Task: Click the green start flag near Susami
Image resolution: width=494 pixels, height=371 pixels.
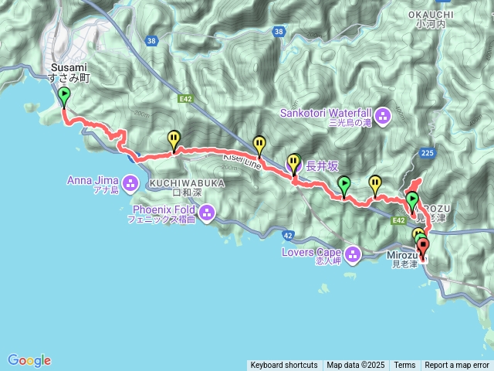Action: click(x=63, y=97)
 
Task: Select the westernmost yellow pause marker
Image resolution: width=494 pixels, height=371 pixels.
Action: click(x=174, y=138)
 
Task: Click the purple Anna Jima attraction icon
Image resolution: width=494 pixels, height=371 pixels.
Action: click(x=130, y=183)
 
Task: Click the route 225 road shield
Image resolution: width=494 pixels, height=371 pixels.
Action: click(x=429, y=153)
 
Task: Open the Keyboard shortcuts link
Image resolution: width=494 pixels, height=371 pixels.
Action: click(x=283, y=366)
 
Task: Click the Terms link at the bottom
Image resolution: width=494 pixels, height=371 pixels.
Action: click(x=404, y=366)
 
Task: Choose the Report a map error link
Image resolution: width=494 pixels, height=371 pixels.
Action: click(x=458, y=366)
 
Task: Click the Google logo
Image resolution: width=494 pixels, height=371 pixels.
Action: click(x=29, y=360)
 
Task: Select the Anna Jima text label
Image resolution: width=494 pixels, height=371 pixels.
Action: click(x=90, y=180)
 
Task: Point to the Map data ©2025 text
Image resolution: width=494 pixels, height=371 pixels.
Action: click(x=355, y=366)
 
